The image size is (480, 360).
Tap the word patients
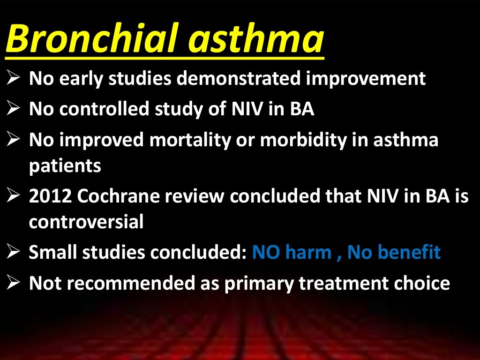coord(65,166)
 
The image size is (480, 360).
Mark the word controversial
coord(86,222)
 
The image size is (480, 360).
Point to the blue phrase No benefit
coord(394,253)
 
